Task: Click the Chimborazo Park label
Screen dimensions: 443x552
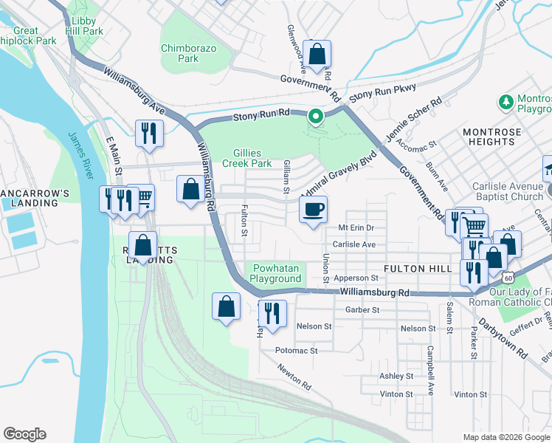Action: coord(180,53)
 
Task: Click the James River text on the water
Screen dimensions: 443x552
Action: coord(81,156)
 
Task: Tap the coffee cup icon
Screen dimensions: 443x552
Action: coord(314,210)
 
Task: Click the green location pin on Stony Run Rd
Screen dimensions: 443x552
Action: coord(316,117)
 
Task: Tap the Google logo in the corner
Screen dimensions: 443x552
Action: coord(24,434)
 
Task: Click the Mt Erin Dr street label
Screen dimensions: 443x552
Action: coord(356,228)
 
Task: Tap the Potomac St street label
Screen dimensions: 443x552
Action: coord(296,351)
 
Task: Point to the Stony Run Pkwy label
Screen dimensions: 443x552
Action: coord(382,93)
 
